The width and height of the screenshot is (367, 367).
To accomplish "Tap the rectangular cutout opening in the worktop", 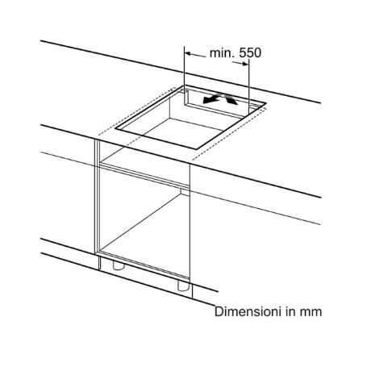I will (181, 121).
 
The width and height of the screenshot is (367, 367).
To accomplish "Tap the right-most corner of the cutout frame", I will (267, 106).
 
